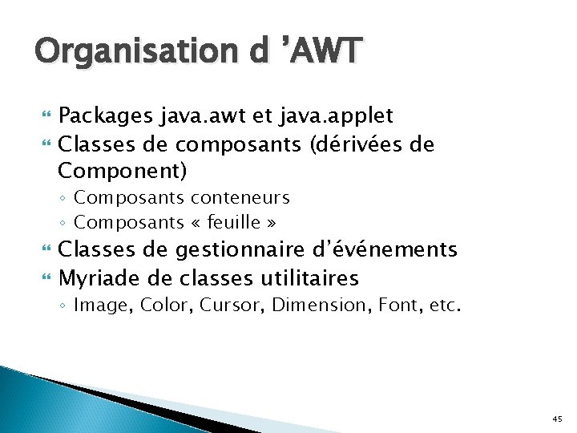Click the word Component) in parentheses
(x=123, y=171)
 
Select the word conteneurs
(x=240, y=197)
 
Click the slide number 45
(x=558, y=419)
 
